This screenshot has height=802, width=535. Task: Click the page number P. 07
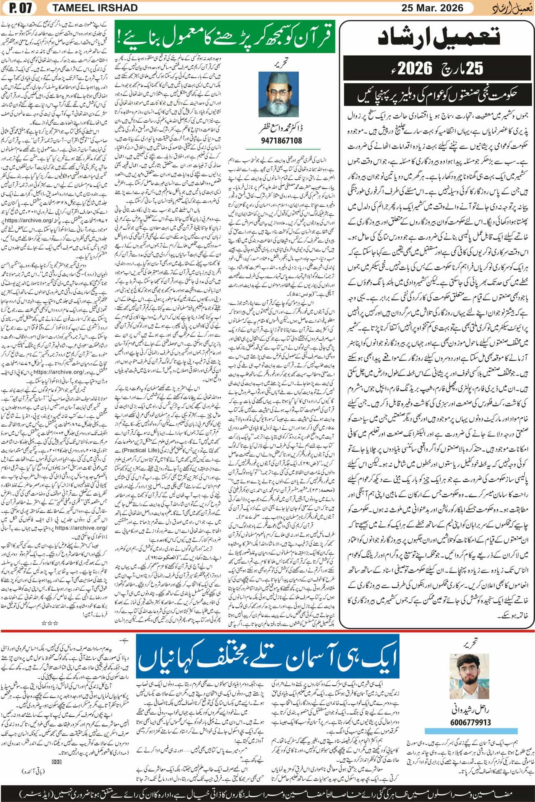click(16, 8)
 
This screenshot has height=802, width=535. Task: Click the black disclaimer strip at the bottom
click(267, 789)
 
